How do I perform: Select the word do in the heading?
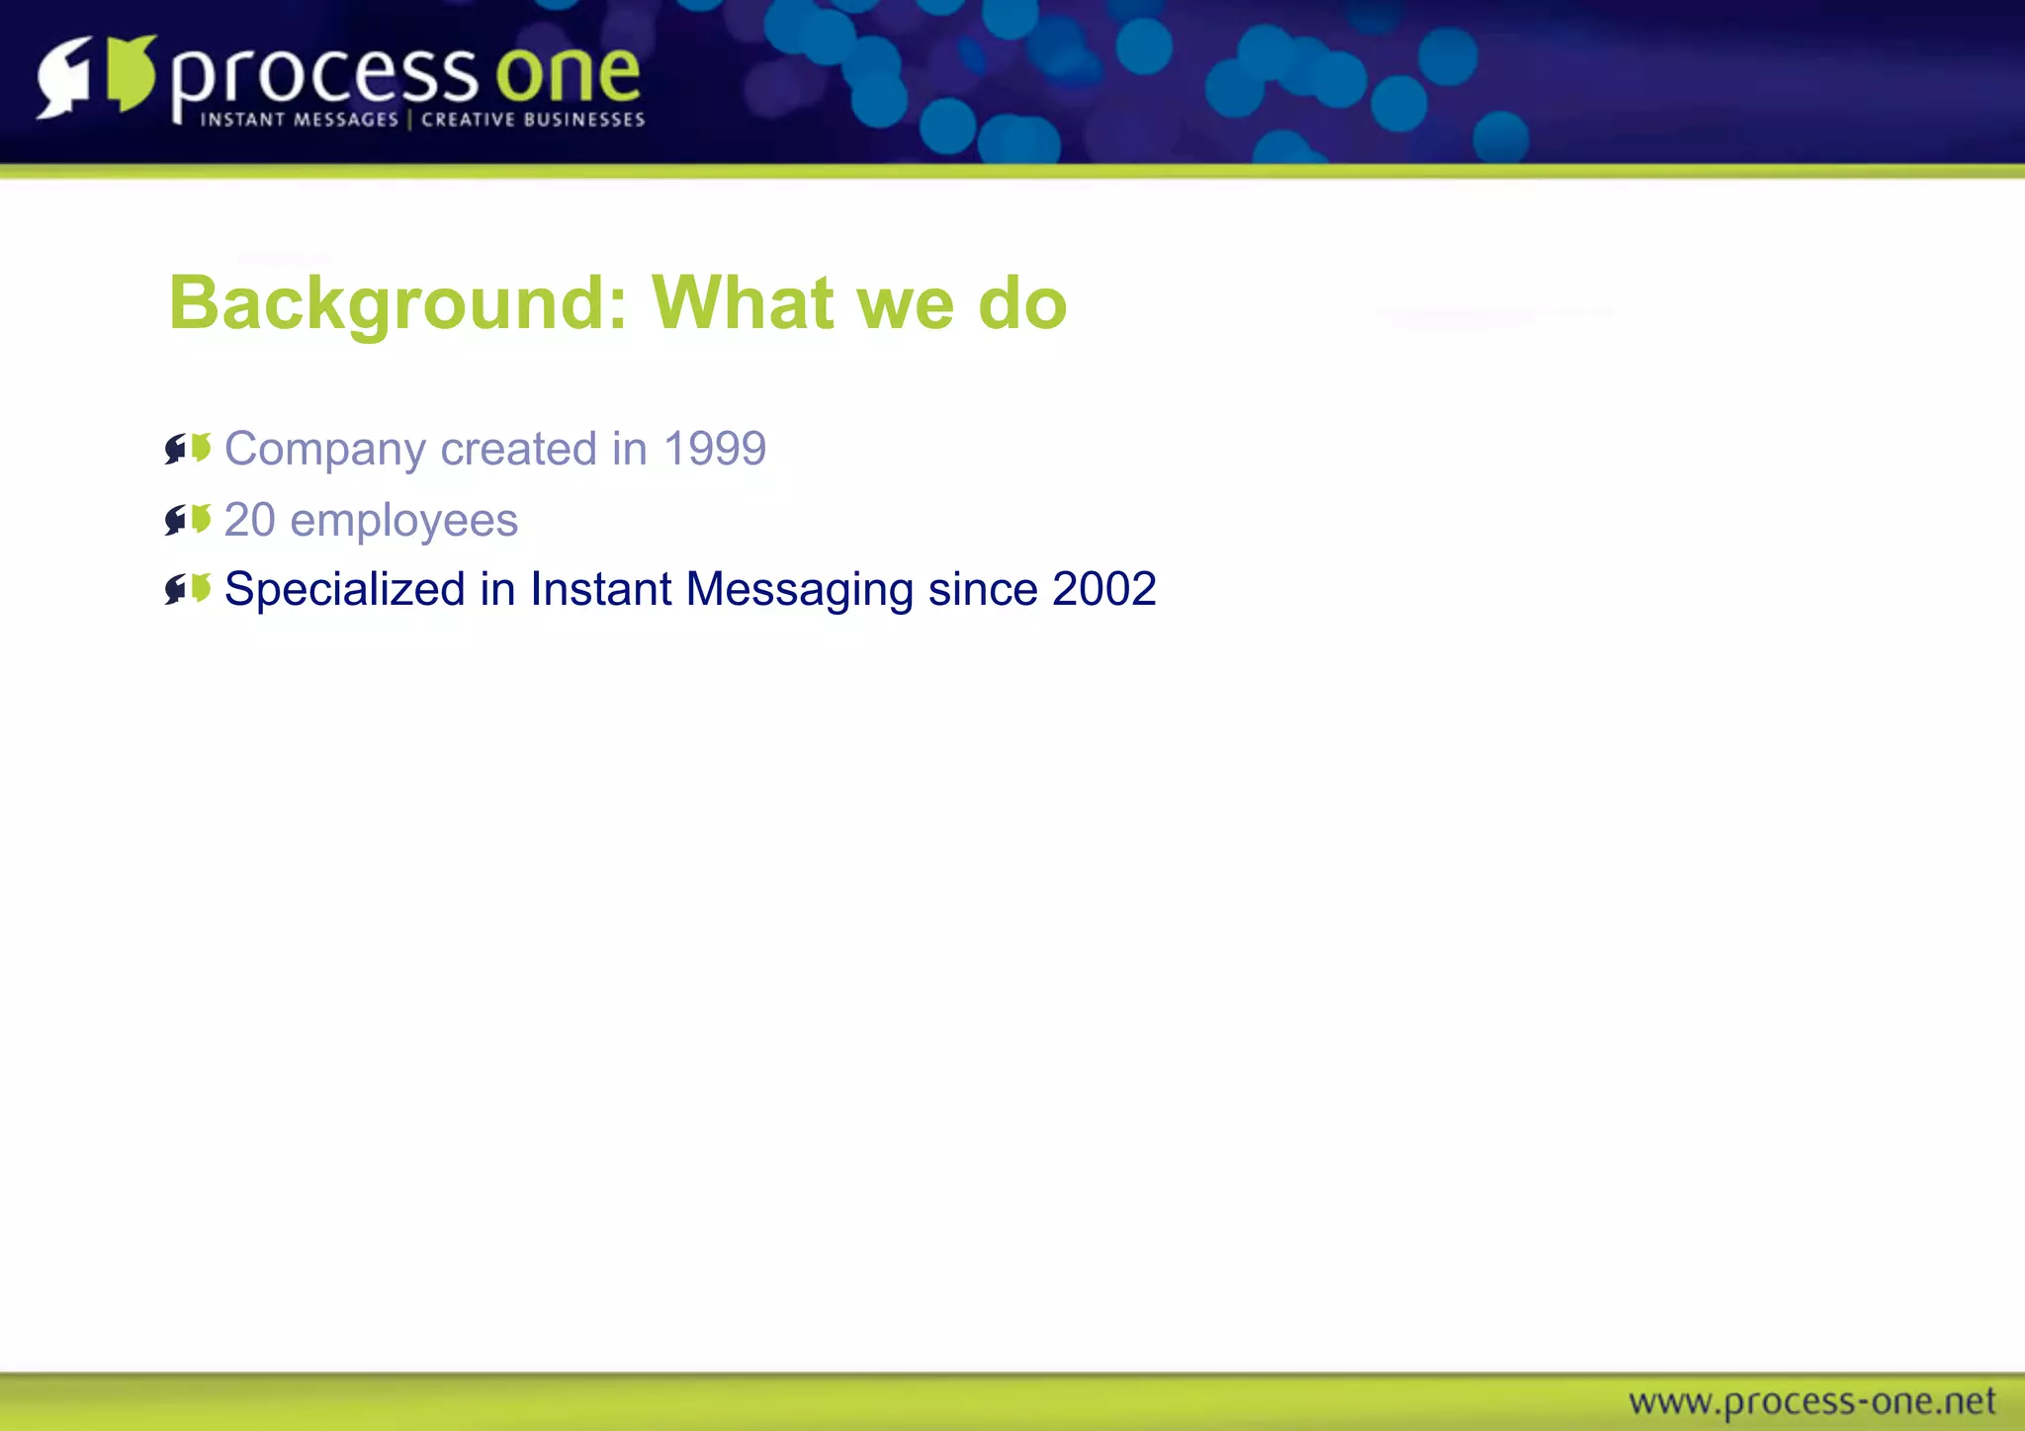pyautogui.click(x=1022, y=302)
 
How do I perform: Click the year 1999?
pyautogui.click(x=714, y=449)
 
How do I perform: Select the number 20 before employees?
pyautogui.click(x=249, y=520)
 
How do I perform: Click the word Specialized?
pyautogui.click(x=344, y=590)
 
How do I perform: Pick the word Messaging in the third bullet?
pyautogui.click(x=799, y=590)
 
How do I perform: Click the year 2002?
pyautogui.click(x=1103, y=589)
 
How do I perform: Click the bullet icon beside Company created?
pyautogui.click(x=188, y=449)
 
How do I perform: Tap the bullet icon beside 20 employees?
pyautogui.click(x=188, y=519)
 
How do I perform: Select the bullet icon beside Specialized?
pyautogui.click(x=188, y=589)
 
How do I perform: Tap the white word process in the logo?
pyautogui.click(x=324, y=77)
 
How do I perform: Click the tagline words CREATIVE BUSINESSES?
pyautogui.click(x=533, y=120)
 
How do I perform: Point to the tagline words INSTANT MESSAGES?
pyautogui.click(x=299, y=120)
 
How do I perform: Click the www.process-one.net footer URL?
pyautogui.click(x=1811, y=1401)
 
